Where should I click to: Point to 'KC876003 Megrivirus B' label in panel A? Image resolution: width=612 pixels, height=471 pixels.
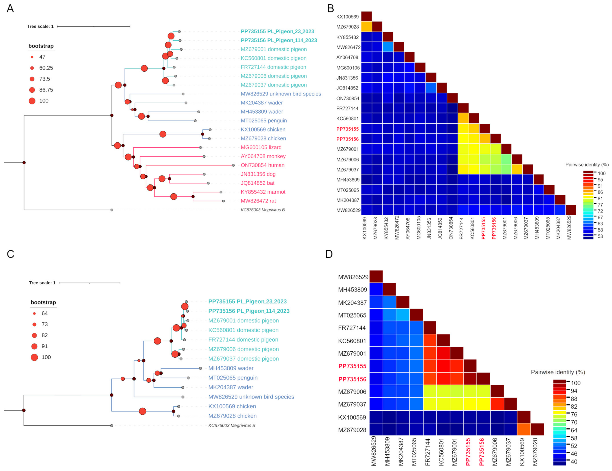pos(263,210)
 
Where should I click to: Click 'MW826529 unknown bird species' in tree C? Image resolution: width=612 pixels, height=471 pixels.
pos(251,397)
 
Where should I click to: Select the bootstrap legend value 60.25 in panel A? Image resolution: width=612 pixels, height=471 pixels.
pos(46,68)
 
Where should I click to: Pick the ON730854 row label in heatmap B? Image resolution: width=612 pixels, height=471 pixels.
pos(348,98)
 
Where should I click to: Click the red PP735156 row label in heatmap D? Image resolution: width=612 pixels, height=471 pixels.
pos(352,379)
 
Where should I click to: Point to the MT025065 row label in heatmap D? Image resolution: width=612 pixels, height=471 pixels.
pos(352,315)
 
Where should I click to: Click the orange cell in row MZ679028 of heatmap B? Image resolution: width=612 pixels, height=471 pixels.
pos(366,27)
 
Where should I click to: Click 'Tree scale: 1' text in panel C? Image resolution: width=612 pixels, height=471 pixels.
pos(42,283)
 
